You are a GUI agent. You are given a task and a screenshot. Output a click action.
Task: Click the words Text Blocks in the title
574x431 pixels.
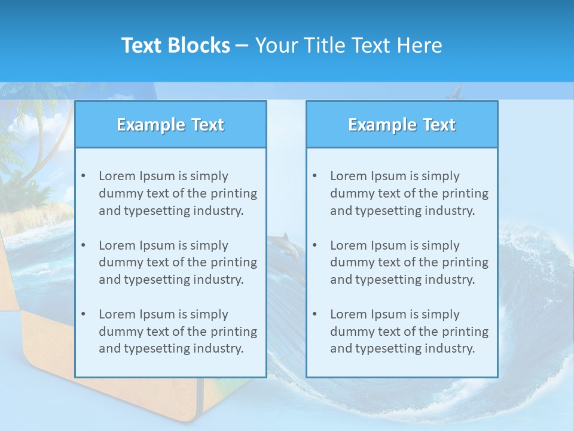(x=175, y=45)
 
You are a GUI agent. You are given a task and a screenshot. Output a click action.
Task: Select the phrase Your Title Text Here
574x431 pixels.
(x=349, y=45)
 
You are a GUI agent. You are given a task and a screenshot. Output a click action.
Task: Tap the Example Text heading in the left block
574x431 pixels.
(x=170, y=125)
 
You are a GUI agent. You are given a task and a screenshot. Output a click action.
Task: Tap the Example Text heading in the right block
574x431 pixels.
(x=402, y=125)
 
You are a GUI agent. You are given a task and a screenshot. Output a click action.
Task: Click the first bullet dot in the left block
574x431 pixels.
(x=83, y=176)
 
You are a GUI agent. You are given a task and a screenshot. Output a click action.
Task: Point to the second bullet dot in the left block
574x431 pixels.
(x=83, y=245)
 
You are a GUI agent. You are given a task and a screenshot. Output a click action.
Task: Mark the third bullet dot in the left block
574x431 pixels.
(x=83, y=314)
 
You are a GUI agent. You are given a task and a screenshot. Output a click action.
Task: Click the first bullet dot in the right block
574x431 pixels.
(x=315, y=176)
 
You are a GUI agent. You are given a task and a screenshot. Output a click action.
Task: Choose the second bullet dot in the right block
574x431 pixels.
(x=315, y=245)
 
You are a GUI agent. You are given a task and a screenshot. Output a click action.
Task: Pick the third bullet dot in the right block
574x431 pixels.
(x=315, y=314)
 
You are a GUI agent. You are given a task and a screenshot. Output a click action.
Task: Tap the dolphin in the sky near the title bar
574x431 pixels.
(x=456, y=92)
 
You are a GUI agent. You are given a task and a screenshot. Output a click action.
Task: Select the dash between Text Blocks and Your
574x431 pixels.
(x=242, y=46)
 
